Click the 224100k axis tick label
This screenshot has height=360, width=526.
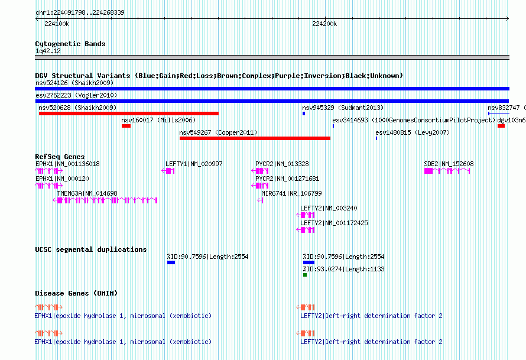(x=57, y=24)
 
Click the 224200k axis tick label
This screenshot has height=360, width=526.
(x=324, y=24)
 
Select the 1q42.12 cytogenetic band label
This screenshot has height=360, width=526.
(x=48, y=51)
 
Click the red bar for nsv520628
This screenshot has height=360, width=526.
(x=128, y=113)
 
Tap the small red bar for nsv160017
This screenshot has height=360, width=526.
(x=126, y=126)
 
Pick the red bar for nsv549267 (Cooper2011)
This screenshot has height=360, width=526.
(x=255, y=138)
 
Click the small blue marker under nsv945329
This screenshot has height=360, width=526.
(x=304, y=113)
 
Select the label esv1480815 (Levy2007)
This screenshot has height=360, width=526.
(x=413, y=132)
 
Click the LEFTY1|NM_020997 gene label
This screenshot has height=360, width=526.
(x=194, y=164)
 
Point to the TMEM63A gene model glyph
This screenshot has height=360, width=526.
(x=105, y=200)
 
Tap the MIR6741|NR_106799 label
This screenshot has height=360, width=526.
(x=291, y=193)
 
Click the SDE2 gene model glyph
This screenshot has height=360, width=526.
(x=447, y=171)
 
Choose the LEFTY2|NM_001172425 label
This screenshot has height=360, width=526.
(x=334, y=223)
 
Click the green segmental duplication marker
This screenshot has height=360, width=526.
(x=305, y=275)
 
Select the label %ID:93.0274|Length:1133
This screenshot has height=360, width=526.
(x=343, y=269)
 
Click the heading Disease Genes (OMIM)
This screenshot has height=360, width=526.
(x=76, y=293)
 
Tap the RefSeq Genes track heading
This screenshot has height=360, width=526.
(x=60, y=157)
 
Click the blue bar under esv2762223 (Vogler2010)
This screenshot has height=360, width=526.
(x=272, y=101)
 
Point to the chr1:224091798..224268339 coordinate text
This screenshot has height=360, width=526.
(x=80, y=12)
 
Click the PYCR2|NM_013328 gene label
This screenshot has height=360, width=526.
(x=282, y=164)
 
